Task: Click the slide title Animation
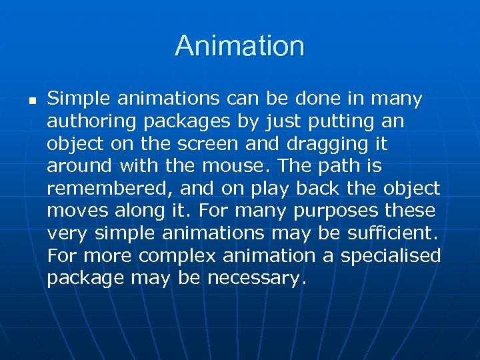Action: point(240,46)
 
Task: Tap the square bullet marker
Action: point(31,101)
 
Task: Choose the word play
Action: point(269,189)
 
